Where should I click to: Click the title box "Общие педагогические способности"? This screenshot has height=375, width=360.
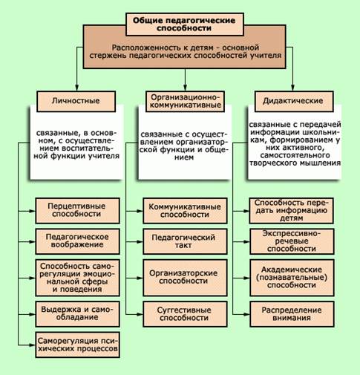click(185, 25)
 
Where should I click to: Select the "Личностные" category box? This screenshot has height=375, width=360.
click(76, 101)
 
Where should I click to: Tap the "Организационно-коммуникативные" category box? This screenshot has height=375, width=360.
click(186, 101)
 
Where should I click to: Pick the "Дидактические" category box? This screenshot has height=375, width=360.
click(294, 101)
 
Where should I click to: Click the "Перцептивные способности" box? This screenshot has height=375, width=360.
click(77, 211)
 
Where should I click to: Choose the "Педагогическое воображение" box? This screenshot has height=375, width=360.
click(77, 241)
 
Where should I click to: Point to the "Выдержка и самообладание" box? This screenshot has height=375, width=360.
click(77, 314)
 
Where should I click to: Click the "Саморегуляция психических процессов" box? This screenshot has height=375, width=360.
click(77, 345)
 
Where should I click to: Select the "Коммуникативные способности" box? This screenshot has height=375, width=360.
click(185, 211)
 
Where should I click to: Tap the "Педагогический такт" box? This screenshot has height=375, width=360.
click(185, 241)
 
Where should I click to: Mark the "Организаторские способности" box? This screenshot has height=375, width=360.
click(185, 278)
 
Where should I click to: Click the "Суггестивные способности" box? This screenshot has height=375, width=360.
click(185, 314)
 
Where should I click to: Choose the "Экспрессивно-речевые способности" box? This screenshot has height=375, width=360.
click(292, 241)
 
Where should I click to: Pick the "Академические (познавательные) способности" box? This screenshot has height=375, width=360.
click(292, 278)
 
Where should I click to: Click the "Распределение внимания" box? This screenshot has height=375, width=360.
click(292, 314)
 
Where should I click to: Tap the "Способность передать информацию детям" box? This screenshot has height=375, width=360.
click(292, 211)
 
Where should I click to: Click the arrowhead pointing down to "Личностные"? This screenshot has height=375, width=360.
click(76, 88)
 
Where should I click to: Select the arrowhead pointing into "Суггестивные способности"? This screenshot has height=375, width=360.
click(140, 314)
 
